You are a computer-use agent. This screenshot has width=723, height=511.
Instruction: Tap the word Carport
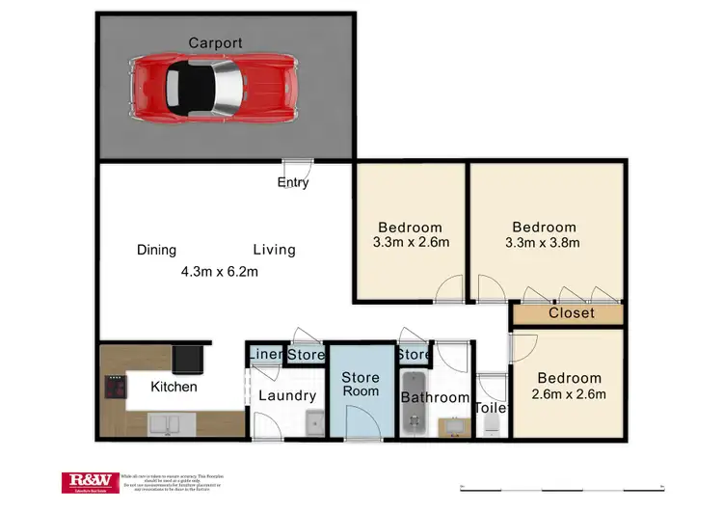tap(215, 42)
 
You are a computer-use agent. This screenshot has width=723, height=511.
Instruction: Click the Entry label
tap(293, 182)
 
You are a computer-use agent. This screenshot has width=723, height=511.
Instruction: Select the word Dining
tap(156, 250)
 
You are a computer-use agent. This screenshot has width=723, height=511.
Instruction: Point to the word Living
tap(274, 250)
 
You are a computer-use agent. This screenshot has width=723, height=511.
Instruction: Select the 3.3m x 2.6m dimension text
tap(411, 242)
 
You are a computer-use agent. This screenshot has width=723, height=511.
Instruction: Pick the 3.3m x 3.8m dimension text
tap(544, 242)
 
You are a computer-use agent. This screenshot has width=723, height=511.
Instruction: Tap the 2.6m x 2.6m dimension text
tap(569, 393)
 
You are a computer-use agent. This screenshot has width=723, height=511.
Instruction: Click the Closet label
tap(572, 313)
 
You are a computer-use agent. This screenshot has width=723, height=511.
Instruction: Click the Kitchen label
tap(174, 387)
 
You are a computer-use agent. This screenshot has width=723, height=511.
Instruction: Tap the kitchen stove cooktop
tap(116, 389)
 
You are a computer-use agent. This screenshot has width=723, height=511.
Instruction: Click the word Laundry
tap(287, 395)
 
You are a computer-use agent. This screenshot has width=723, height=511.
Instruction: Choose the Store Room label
tap(361, 385)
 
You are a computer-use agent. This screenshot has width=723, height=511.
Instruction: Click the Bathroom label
tap(435, 397)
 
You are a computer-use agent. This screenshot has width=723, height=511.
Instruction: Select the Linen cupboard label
tap(265, 355)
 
